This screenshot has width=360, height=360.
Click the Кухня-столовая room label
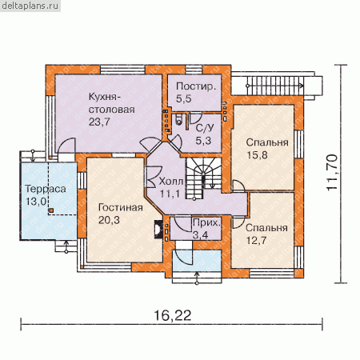click(x=111, y=103)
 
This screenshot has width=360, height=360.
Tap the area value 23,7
click(x=99, y=122)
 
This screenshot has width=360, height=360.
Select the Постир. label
click(x=196, y=86)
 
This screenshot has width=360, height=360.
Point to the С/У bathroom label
click(x=205, y=128)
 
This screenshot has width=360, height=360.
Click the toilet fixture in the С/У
click(x=178, y=120)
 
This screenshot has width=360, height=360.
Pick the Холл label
click(x=171, y=182)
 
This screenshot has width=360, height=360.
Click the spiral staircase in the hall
click(x=204, y=178)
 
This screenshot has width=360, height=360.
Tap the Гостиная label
click(x=121, y=207)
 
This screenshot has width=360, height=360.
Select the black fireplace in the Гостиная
click(x=158, y=229)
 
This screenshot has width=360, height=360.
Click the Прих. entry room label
click(x=207, y=222)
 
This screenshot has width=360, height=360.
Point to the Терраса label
click(x=46, y=189)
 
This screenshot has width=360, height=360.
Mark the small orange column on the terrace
click(x=50, y=210)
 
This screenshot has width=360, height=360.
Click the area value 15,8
click(x=257, y=155)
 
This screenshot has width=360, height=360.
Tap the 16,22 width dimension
click(x=173, y=315)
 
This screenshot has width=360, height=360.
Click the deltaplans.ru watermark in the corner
click(x=30, y=6)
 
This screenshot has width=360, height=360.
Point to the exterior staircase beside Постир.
click(x=276, y=86)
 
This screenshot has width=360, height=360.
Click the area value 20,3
click(x=109, y=220)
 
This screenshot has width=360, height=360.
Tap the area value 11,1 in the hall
click(x=170, y=194)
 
